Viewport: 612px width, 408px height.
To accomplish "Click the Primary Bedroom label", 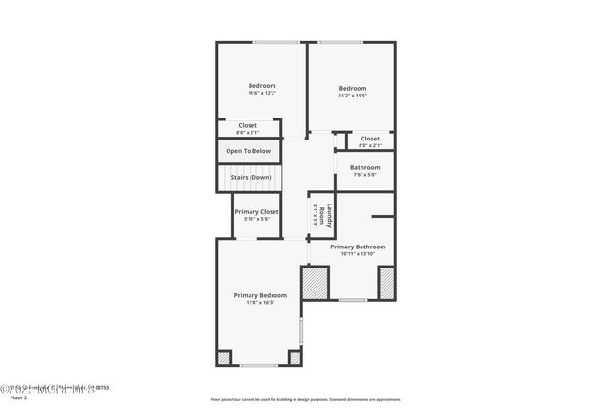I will point(260,295).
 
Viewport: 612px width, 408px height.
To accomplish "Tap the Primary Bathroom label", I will point(358,247).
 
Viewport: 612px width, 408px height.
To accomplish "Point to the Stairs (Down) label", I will point(250,177).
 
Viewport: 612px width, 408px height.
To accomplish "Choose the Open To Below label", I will point(248,151).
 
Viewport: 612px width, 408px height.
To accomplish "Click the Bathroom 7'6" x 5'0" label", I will point(364,168).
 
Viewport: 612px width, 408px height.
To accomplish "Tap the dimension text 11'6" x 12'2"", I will point(262,94).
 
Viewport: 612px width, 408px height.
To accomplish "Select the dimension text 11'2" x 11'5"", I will point(353,95).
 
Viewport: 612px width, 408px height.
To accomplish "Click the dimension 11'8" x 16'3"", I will point(260,303).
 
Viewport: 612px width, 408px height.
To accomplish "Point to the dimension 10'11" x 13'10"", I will point(358,254).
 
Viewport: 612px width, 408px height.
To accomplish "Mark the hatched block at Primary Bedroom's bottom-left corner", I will point(224,357).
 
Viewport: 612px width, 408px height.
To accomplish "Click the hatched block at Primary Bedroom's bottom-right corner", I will point(295,357).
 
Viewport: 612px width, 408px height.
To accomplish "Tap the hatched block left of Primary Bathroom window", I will point(315,283).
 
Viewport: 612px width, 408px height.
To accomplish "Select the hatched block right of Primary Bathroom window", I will point(386,283).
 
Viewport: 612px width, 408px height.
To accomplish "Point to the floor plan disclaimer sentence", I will point(305,400).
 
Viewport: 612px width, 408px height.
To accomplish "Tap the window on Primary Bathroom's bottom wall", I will point(352,300).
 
